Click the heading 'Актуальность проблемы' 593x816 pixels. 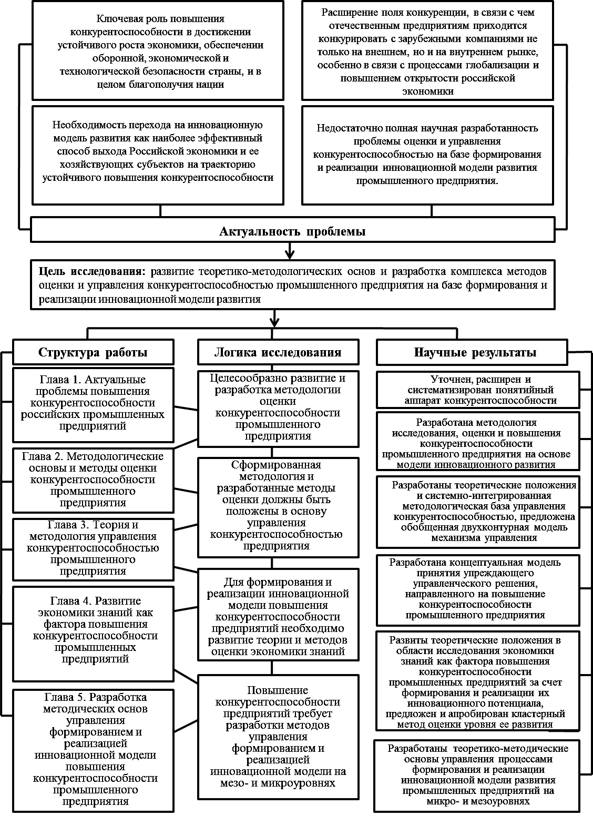292,231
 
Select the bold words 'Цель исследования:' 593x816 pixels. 93,272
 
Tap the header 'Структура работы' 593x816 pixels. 93,352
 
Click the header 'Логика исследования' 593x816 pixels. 278,352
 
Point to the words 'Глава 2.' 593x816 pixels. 43,456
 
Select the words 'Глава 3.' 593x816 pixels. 68,525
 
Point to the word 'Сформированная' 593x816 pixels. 276,465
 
